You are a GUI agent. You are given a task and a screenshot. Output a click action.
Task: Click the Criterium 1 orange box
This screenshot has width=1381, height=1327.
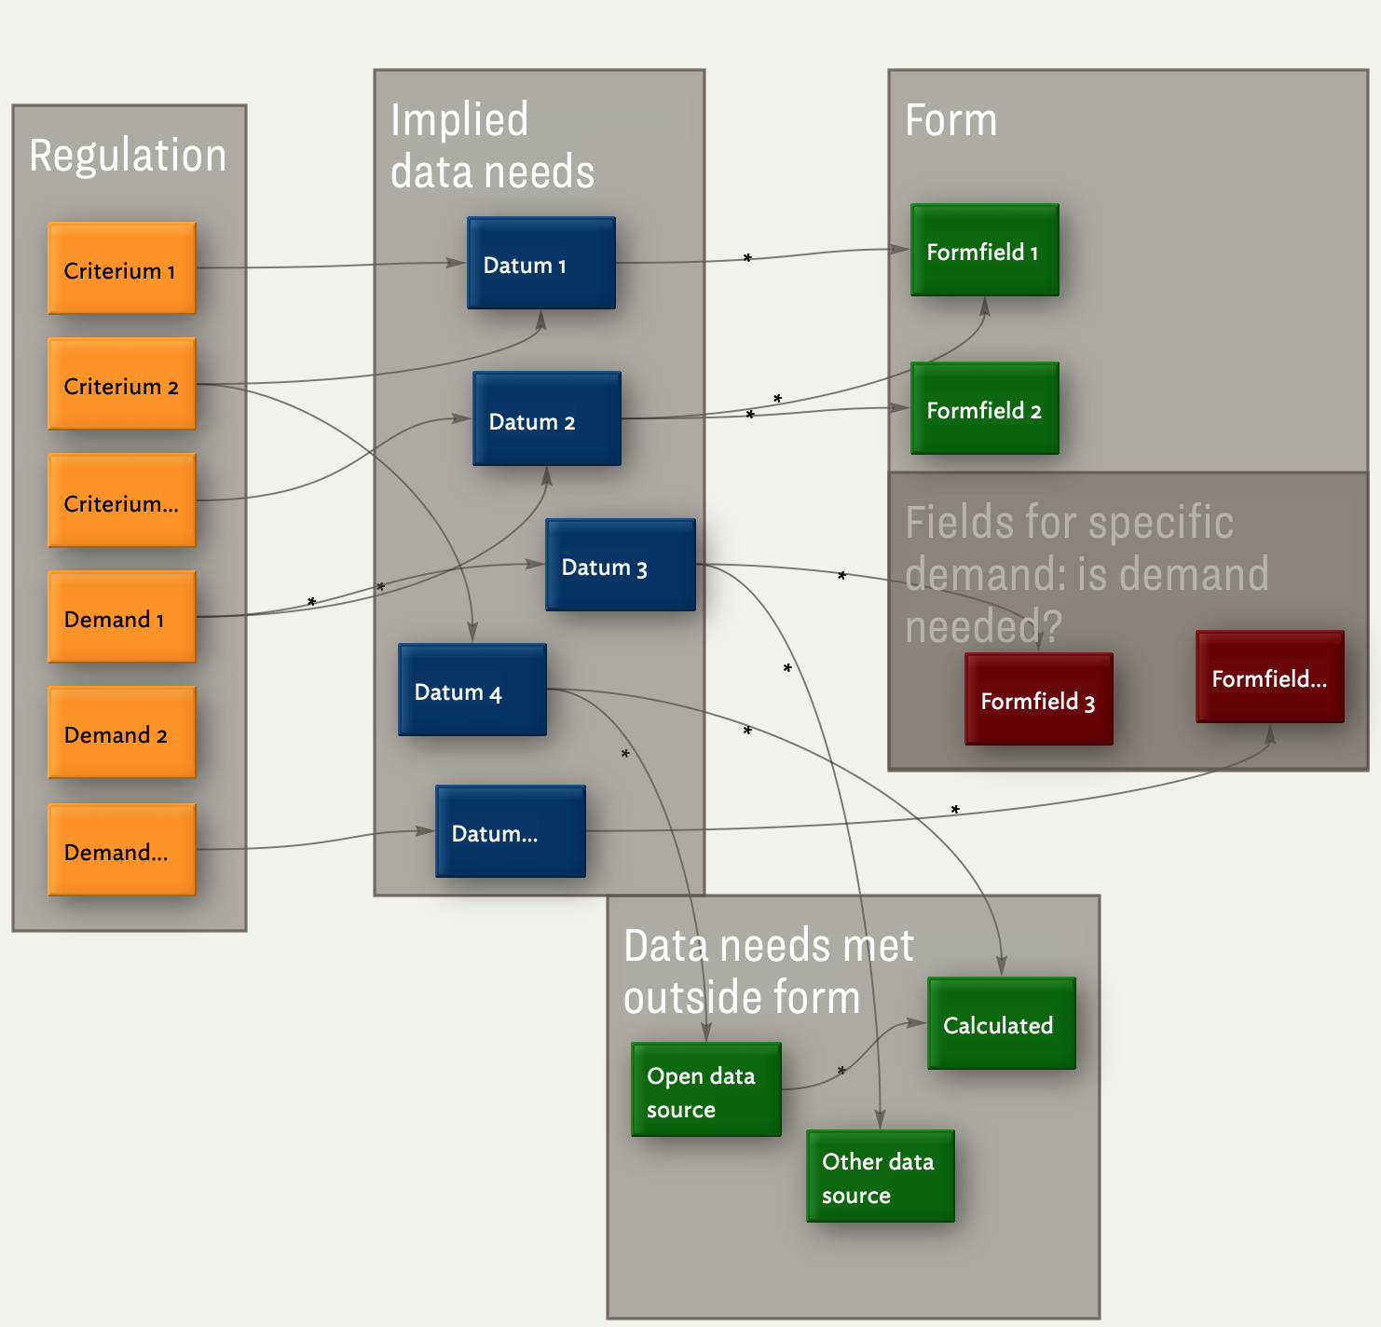click(x=122, y=268)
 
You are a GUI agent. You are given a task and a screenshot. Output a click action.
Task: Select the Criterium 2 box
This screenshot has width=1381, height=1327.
click(x=122, y=384)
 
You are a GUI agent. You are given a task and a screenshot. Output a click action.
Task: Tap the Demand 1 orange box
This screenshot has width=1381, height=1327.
click(x=122, y=617)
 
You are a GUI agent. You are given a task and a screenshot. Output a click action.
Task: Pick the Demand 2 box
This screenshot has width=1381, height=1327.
click(x=122, y=732)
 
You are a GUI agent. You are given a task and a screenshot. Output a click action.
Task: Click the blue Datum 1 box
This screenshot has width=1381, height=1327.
click(x=541, y=264)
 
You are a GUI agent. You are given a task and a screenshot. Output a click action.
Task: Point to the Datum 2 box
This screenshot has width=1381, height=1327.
click(x=547, y=419)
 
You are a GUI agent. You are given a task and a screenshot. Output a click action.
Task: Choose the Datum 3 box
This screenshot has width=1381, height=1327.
click(x=621, y=566)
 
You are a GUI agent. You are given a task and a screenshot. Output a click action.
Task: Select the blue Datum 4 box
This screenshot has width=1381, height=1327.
click(x=472, y=691)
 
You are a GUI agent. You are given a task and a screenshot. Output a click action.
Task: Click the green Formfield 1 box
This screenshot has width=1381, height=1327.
click(x=985, y=251)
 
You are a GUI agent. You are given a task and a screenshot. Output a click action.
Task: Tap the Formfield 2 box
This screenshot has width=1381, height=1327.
click(x=985, y=409)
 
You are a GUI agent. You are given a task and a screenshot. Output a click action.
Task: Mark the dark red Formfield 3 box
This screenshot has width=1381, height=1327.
click(x=1039, y=700)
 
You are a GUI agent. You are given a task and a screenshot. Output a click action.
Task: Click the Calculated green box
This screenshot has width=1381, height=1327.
click(x=1002, y=1024)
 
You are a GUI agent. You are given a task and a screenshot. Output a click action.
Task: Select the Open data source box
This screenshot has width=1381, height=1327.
click(x=706, y=1090)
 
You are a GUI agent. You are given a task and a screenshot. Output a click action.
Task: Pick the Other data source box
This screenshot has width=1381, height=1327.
click(x=881, y=1177)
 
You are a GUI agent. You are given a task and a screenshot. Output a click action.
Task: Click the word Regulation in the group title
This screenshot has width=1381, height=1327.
click(x=128, y=155)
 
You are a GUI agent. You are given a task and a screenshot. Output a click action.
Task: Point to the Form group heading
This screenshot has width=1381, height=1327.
click(x=951, y=120)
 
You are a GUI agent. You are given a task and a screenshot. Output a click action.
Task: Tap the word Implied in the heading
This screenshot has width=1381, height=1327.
click(x=459, y=120)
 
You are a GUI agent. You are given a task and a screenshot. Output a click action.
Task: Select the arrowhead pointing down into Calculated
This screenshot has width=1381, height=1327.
click(x=1002, y=967)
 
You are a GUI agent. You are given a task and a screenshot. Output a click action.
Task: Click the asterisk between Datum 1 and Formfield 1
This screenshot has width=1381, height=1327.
click(x=747, y=258)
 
